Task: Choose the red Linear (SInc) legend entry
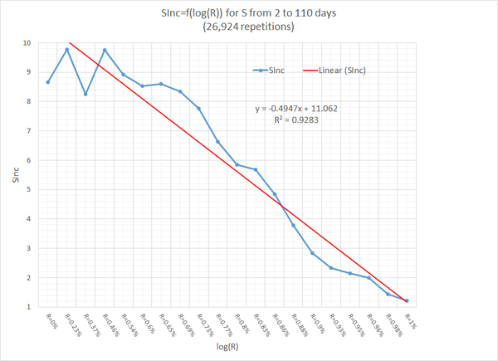(x=343, y=71)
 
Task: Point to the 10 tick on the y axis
(x=28, y=43)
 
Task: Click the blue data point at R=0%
(x=48, y=82)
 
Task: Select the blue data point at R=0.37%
(x=85, y=94)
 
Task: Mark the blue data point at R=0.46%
(x=105, y=50)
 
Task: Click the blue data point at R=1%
(x=407, y=300)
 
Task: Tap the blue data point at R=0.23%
(x=67, y=50)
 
